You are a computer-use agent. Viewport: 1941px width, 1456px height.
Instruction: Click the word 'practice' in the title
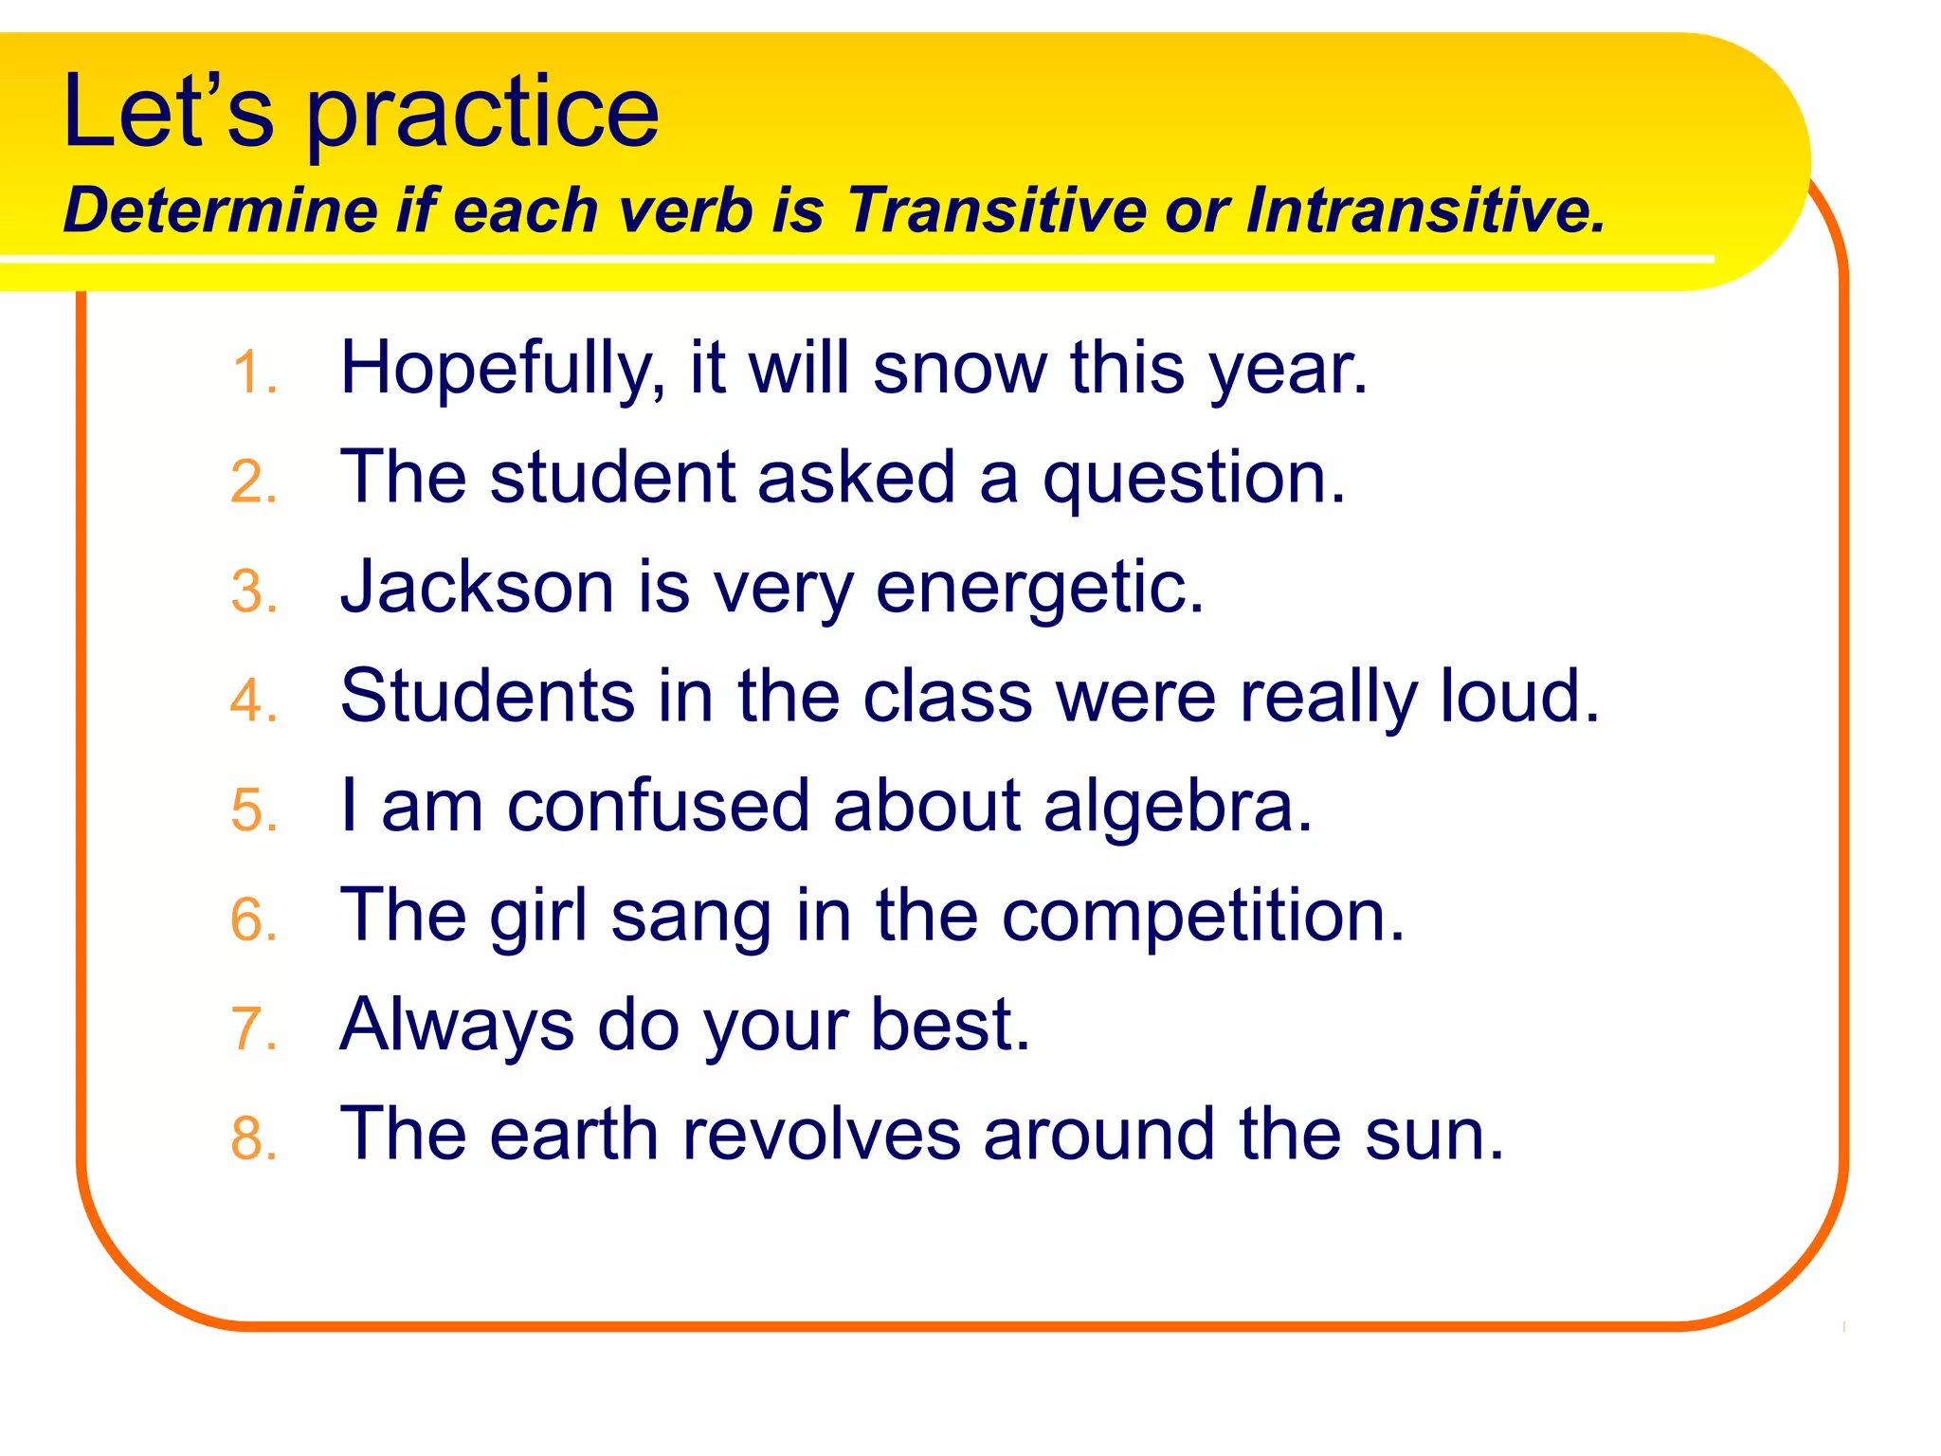[x=482, y=116]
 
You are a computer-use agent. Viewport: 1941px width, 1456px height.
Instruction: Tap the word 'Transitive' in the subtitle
[x=995, y=209]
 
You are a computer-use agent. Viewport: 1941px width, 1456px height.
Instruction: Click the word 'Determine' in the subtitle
[x=220, y=209]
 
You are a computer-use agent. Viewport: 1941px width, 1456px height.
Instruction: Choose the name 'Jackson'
[x=477, y=587]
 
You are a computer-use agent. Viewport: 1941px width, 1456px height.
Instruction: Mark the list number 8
[x=252, y=1138]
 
